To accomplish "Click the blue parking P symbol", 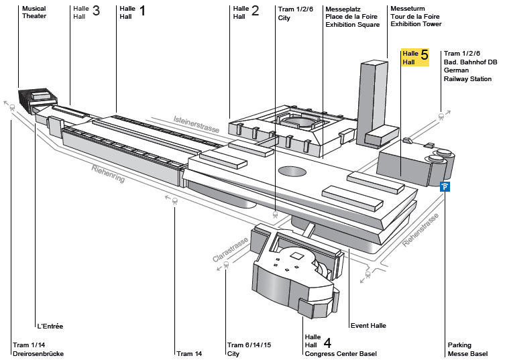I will point(445,186).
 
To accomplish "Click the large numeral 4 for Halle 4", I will point(327,341).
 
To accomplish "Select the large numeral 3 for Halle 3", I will point(96,11).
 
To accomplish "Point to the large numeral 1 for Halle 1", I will point(142,11).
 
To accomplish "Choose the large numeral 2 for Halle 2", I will point(255,11).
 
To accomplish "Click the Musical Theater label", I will point(34,12).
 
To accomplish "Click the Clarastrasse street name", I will point(231,249).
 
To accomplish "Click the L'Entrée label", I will point(50,326).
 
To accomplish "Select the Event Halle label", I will point(368,326).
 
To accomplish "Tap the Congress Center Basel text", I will point(341,354).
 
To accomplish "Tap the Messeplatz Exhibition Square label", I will point(352,16).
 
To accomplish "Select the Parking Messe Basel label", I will point(467,349).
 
